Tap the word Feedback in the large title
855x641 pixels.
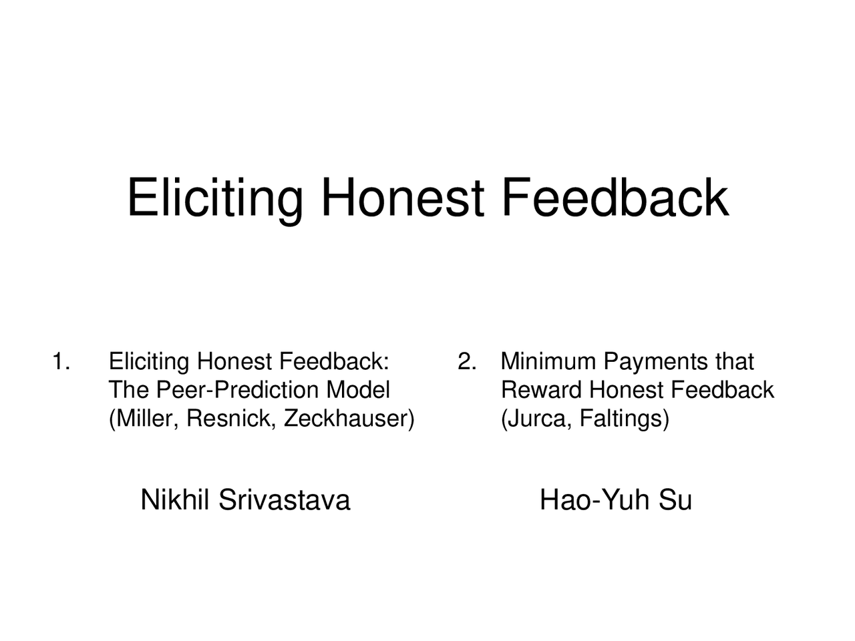click(615, 196)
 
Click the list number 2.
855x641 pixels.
click(468, 361)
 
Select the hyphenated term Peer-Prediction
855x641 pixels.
click(238, 390)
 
